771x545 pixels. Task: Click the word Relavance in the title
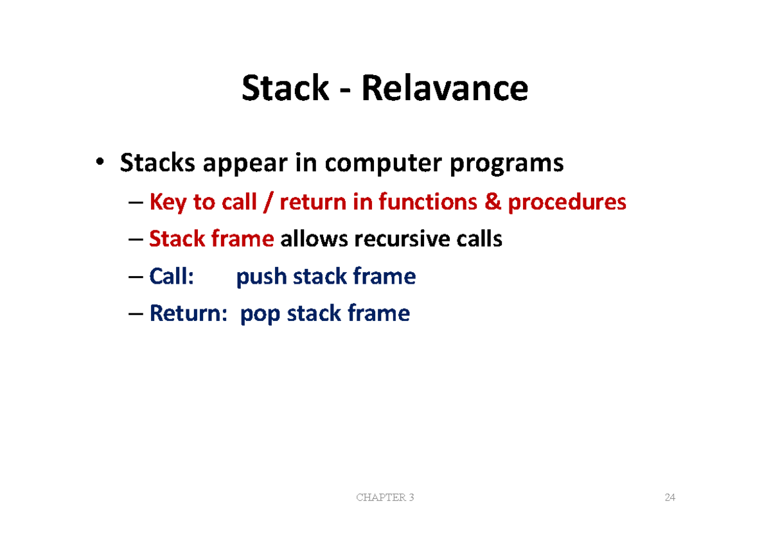pos(445,88)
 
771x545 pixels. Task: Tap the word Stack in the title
pos(285,88)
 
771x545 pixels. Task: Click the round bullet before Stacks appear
pos(100,161)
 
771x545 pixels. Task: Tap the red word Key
pos(168,202)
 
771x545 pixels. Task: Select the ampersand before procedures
pos(493,202)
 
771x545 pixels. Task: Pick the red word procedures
pos(567,202)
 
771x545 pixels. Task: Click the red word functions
pos(428,201)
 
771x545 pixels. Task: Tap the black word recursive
pos(402,239)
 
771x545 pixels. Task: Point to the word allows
pos(314,238)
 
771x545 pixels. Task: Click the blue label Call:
pos(172,276)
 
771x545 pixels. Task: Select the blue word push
pos(261,277)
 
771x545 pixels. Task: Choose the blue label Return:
pos(188,313)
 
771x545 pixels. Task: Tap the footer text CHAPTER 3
pos(385,497)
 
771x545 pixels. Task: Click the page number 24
pos(669,497)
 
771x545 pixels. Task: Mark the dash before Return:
pos(136,314)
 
